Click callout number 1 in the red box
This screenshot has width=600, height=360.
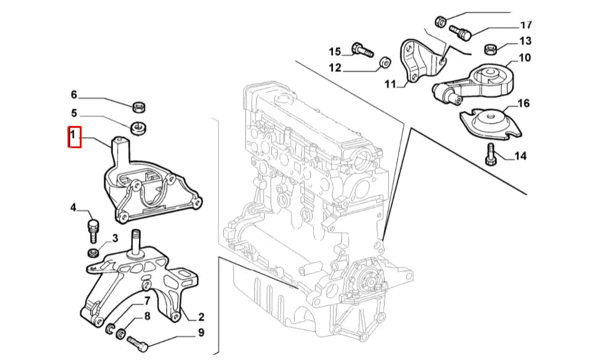pyautogui.click(x=73, y=137)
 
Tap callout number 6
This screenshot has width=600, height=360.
pyautogui.click(x=74, y=94)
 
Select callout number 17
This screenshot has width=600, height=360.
pyautogui.click(x=526, y=25)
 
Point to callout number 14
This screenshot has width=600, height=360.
pyautogui.click(x=520, y=157)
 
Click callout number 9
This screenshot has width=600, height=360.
pyautogui.click(x=201, y=332)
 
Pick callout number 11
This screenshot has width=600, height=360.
pyautogui.click(x=391, y=84)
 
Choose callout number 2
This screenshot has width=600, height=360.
pyautogui.click(x=201, y=317)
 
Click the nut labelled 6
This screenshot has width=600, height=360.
pyautogui.click(x=138, y=107)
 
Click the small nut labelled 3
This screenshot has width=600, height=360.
pyautogui.click(x=94, y=251)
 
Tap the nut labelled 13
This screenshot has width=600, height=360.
pyautogui.click(x=490, y=47)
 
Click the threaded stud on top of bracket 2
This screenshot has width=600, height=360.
pyautogui.click(x=137, y=242)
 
